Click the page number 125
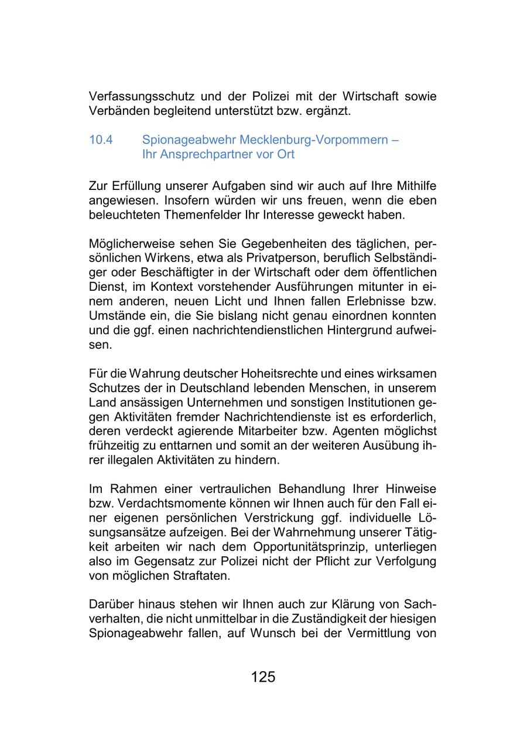coord(263,677)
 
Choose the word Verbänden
coord(115,111)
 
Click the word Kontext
coord(157,287)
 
